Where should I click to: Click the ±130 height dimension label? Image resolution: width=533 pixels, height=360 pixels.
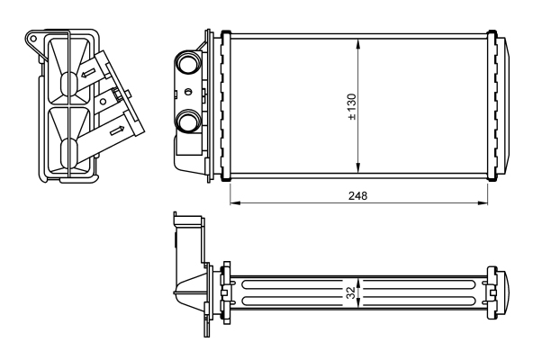(352, 106)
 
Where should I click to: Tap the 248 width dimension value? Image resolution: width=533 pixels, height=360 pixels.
(358, 196)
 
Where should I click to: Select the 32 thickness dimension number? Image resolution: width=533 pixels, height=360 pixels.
(351, 292)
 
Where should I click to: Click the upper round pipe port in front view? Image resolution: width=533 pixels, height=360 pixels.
(188, 61)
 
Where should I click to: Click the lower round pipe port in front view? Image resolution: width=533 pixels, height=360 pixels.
(188, 121)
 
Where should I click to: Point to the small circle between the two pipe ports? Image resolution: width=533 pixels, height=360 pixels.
(188, 92)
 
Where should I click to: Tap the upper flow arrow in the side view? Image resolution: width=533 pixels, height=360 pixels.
(87, 73)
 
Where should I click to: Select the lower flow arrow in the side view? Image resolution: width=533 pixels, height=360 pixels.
(117, 130)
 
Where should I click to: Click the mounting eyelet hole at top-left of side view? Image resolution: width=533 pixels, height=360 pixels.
(33, 39)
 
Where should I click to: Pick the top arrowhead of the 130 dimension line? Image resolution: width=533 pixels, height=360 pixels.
(358, 43)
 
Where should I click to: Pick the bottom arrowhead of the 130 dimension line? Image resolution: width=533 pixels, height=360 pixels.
(358, 167)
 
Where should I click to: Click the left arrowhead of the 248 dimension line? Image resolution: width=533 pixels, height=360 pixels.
(235, 202)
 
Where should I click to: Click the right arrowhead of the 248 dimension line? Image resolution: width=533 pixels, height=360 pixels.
(483, 202)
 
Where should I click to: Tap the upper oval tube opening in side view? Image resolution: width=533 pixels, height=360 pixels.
(69, 83)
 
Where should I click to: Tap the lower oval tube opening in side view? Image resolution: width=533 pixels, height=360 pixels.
(69, 150)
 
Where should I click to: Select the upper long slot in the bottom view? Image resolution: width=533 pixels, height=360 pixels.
(359, 285)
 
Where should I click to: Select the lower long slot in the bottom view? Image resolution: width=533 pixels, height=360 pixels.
(359, 301)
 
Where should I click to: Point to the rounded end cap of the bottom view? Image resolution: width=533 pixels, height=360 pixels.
(507, 293)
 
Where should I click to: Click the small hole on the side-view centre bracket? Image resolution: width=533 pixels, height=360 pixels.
(103, 102)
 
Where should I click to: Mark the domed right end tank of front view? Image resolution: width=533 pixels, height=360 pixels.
(505, 105)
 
